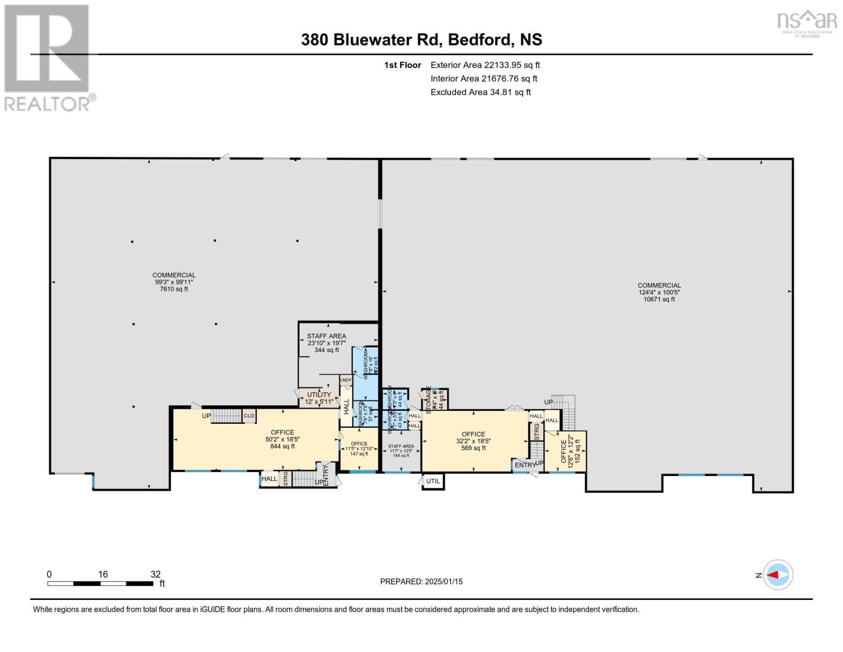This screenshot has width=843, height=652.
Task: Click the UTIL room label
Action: [433, 481]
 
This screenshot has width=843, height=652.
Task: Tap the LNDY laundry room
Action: [346, 380]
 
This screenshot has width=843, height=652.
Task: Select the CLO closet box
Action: [249, 416]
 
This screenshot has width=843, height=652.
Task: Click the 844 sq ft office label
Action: [282, 440]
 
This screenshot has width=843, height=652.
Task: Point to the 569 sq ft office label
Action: [473, 441]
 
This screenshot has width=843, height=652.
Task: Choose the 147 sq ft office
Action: [359, 449]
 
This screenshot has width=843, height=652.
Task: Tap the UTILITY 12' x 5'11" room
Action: [319, 398]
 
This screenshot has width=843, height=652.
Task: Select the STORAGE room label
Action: [429, 400]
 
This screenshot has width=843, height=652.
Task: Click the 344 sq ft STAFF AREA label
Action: [326, 343]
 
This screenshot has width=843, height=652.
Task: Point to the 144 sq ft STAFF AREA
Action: [401, 451]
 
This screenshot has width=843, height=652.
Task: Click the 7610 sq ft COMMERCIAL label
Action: [174, 282]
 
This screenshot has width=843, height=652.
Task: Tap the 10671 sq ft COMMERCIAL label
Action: [659, 292]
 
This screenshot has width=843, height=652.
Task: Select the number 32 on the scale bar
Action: [155, 574]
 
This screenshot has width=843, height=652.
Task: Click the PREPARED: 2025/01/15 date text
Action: [421, 581]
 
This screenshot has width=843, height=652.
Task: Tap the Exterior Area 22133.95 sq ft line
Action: [485, 65]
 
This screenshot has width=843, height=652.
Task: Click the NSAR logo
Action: [807, 22]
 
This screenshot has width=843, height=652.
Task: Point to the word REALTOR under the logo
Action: [49, 103]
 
